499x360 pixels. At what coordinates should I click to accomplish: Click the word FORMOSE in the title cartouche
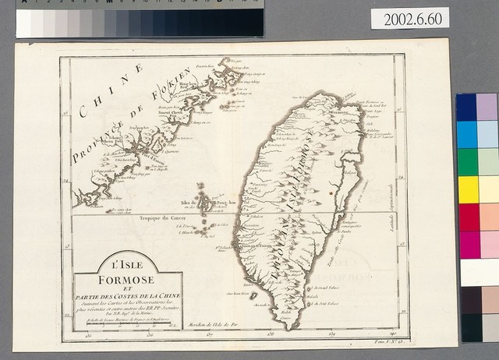tap(126, 279)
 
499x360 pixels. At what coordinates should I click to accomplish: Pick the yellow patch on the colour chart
tap(468, 189)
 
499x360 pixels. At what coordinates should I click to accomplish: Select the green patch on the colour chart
tap(468, 162)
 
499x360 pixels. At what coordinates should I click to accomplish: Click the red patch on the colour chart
tap(468, 217)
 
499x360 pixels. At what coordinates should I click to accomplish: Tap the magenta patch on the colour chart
tap(468, 244)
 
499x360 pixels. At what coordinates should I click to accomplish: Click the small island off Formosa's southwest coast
tap(254, 295)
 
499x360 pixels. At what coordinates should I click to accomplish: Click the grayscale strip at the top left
tap(140, 22)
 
